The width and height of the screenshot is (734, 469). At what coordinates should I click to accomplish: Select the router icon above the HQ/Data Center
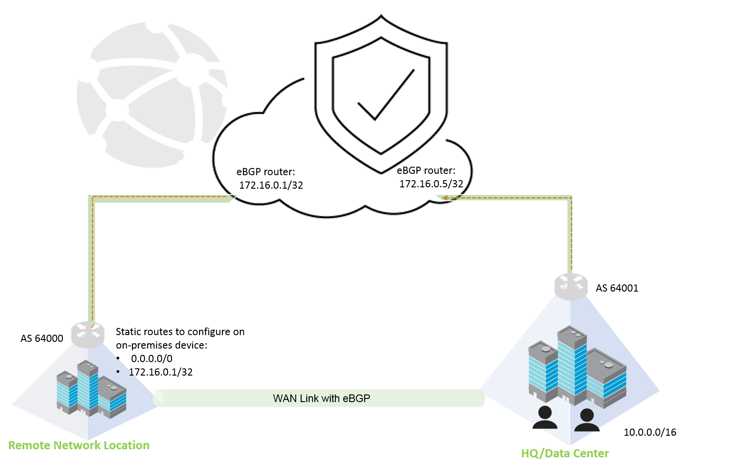click(571, 286)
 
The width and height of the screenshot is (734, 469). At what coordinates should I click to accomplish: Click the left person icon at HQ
click(545, 417)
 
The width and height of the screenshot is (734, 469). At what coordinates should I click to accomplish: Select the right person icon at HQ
click(587, 420)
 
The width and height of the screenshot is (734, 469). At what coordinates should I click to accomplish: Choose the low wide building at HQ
click(606, 377)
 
